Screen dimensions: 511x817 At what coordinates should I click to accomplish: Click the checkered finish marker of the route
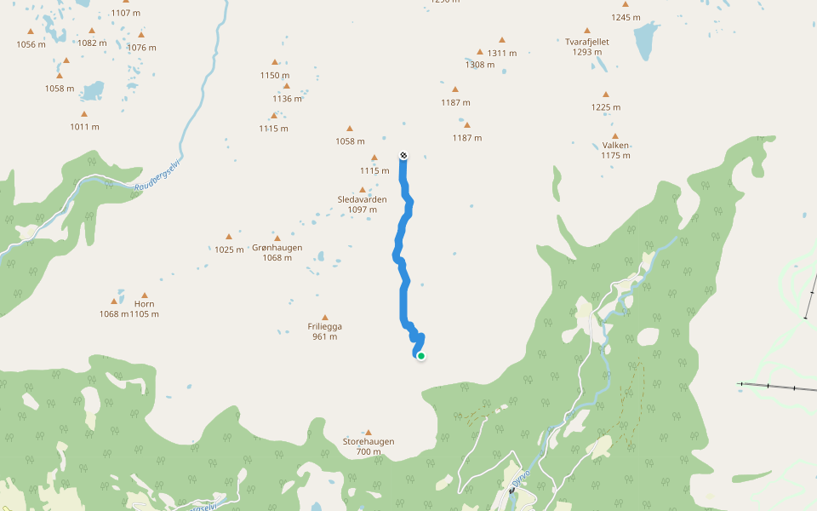coord(403,155)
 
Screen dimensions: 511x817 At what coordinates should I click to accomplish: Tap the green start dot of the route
coord(420,356)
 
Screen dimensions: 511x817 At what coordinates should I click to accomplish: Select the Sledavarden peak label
coord(363,200)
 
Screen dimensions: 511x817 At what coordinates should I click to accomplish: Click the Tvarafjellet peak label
coord(587,41)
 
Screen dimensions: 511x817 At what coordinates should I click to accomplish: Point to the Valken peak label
coord(614,145)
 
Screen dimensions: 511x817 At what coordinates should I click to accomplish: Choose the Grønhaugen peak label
coord(277,248)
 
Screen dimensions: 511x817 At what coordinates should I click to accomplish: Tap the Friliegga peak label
coord(324,326)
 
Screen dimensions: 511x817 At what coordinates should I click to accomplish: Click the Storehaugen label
coord(369,442)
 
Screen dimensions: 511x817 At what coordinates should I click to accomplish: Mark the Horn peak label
coord(144,304)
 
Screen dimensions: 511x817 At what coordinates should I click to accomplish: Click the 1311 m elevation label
coord(502,53)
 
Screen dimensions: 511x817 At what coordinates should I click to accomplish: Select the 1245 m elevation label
coord(626,17)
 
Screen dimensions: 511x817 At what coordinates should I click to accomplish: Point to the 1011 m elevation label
coord(84,127)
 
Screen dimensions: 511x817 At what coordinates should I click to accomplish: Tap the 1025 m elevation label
coord(229,250)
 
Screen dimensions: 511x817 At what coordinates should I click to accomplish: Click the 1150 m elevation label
coord(275,75)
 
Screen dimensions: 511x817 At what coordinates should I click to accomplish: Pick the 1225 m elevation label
coord(606,107)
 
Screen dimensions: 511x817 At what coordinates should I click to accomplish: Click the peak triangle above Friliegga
coord(324,317)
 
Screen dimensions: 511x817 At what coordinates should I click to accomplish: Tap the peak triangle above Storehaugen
coord(369,433)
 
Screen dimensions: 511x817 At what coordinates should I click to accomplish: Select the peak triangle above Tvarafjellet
coord(587,31)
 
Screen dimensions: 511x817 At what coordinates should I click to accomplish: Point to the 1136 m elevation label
coord(288,99)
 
